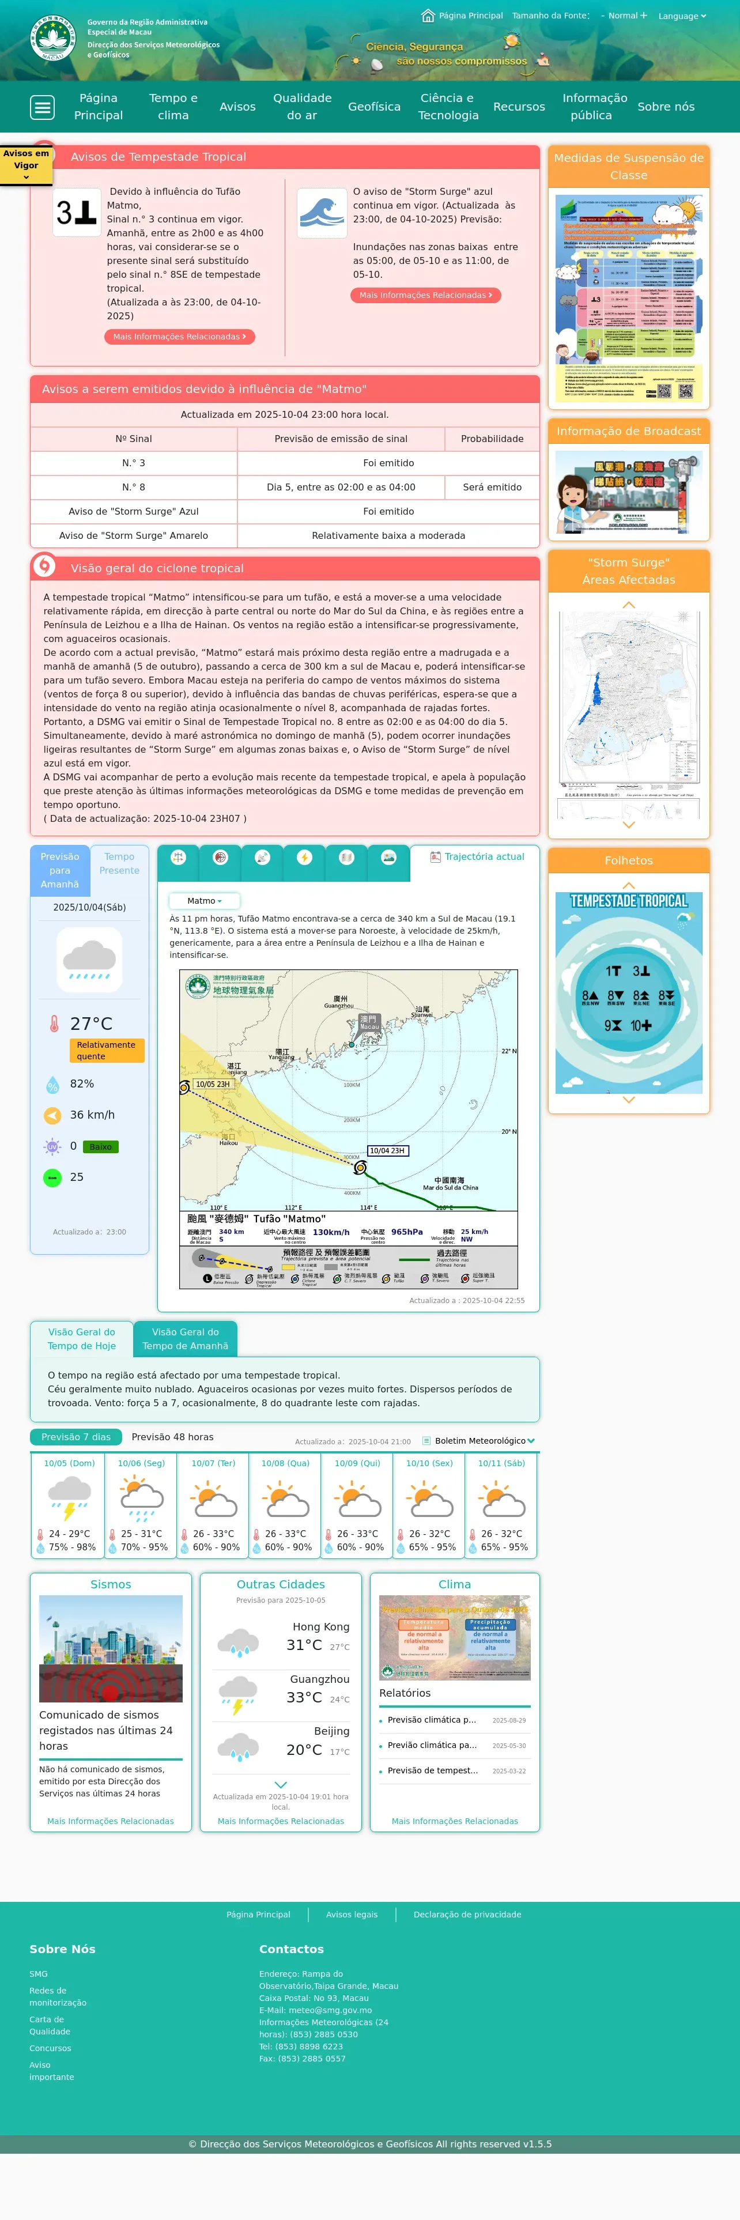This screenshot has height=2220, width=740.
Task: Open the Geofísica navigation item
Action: tap(374, 107)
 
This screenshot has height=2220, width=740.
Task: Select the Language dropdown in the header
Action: tap(681, 16)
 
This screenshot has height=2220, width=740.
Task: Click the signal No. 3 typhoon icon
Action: tap(77, 213)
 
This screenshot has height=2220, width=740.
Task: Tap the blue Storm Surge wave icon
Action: tap(322, 213)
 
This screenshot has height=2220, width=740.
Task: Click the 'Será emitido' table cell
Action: tap(492, 488)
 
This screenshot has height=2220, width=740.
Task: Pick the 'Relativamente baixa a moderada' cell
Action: tap(388, 536)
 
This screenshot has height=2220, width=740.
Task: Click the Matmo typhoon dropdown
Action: tap(204, 901)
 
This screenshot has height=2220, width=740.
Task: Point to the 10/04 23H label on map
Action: tap(387, 1150)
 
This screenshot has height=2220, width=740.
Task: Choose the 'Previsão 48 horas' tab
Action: tap(172, 1437)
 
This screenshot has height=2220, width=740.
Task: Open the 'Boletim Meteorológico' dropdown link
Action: tap(480, 1441)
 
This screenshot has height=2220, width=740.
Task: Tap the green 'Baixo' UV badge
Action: tap(101, 1147)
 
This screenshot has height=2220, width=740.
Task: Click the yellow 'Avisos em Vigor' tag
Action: tap(26, 164)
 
